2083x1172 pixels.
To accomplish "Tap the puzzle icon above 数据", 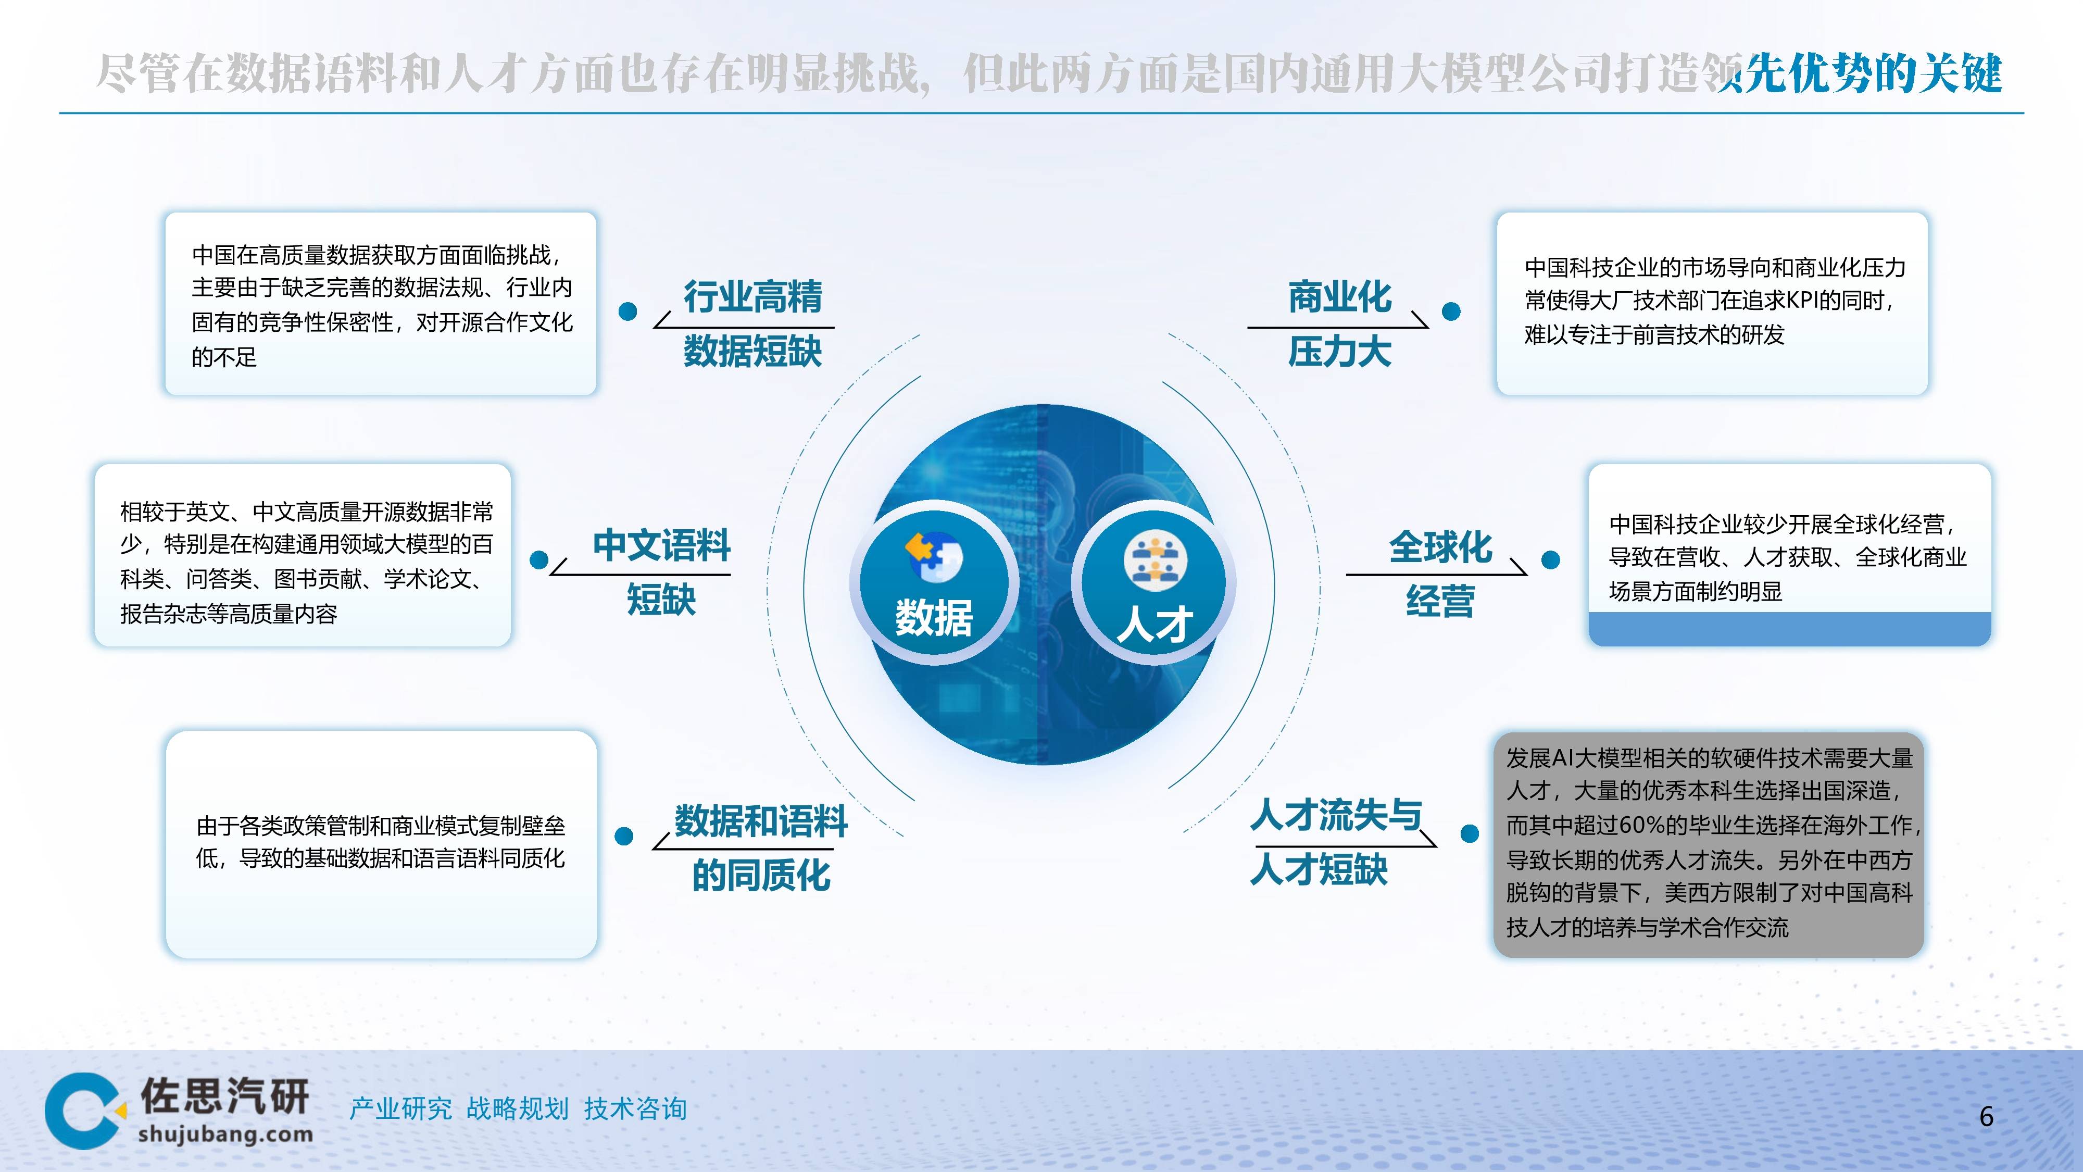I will click(x=933, y=556).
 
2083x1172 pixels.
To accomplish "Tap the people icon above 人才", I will click(x=1155, y=560).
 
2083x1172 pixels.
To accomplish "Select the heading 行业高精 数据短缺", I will click(x=752, y=323).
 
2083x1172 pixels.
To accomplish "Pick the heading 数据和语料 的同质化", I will click(x=760, y=847).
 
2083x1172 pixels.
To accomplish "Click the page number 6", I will click(x=1986, y=1117).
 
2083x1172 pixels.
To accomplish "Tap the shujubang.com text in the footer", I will click(x=225, y=1134).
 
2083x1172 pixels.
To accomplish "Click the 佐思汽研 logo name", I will click(x=225, y=1096).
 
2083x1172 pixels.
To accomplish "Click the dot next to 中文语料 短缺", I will click(x=538, y=560).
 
